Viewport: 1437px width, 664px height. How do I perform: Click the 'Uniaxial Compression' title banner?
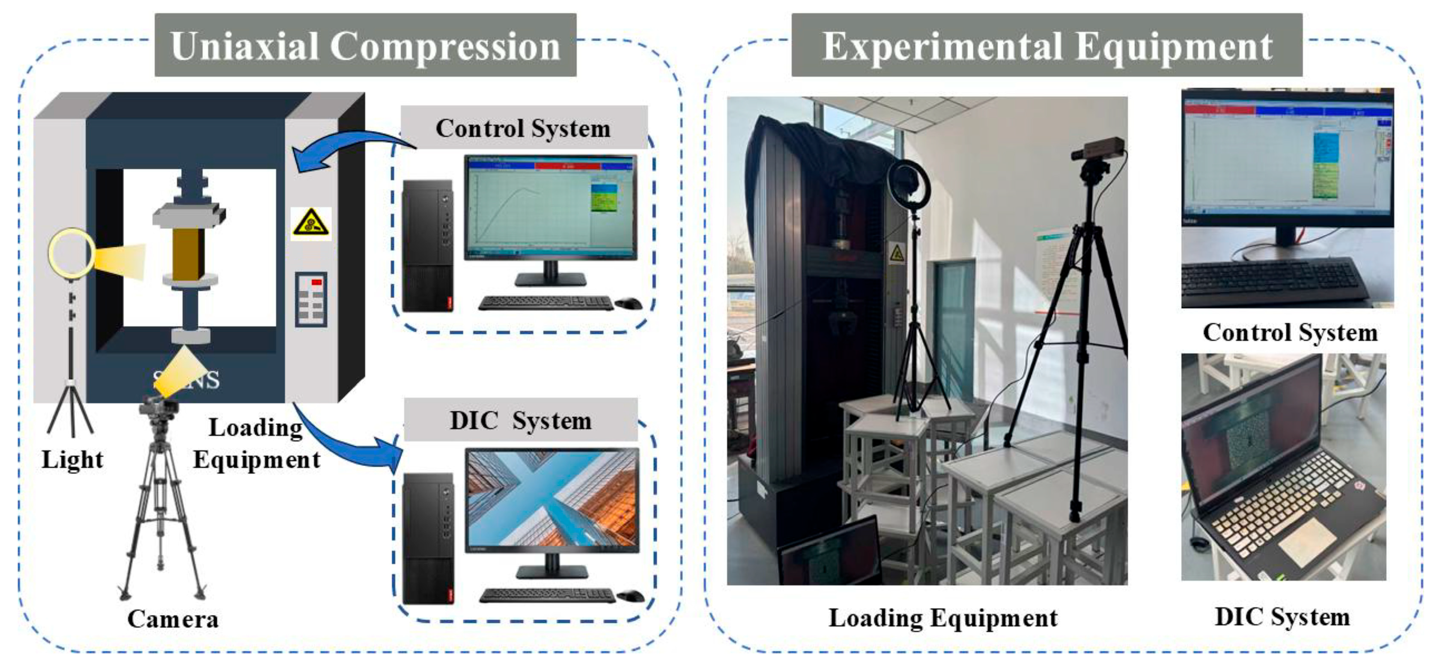[x=365, y=46]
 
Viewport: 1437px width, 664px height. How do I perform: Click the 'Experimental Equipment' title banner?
[x=1046, y=46]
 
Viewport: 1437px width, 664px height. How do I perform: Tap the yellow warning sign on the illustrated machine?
[x=311, y=224]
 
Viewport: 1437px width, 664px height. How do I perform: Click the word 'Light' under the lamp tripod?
[x=72, y=460]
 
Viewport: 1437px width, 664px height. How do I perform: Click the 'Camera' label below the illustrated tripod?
[x=173, y=619]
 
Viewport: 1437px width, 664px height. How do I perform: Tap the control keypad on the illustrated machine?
[x=311, y=299]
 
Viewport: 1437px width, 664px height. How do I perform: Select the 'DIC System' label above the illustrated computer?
[x=521, y=421]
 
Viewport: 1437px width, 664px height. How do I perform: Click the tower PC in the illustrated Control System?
[x=427, y=245]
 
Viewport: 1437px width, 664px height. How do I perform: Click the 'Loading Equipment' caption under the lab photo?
[x=943, y=618]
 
